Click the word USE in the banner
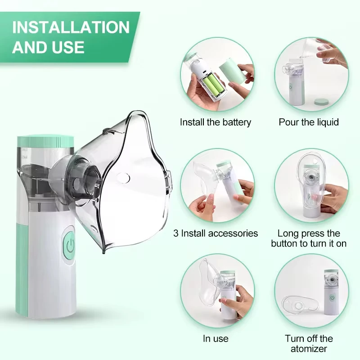click(x=67, y=47)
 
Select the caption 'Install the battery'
click(x=216, y=122)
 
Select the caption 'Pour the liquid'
click(x=309, y=122)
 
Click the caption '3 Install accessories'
click(x=216, y=233)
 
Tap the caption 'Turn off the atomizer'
click(x=309, y=343)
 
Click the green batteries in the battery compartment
click(x=212, y=85)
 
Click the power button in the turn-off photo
click(x=332, y=297)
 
